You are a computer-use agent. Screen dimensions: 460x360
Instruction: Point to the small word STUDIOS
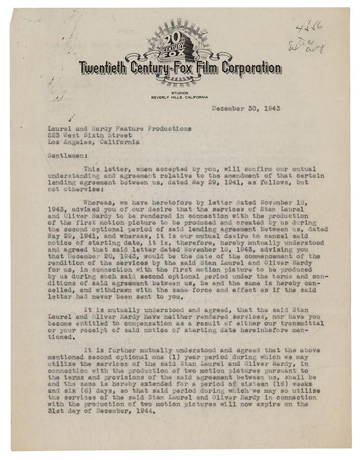pos(179,93)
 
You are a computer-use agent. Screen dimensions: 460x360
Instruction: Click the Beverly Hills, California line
pos(179,98)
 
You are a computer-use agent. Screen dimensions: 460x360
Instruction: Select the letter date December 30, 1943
pos(246,109)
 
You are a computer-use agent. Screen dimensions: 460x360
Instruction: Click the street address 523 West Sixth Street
pos(90,136)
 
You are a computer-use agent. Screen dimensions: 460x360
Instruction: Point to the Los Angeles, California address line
pos(93,142)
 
